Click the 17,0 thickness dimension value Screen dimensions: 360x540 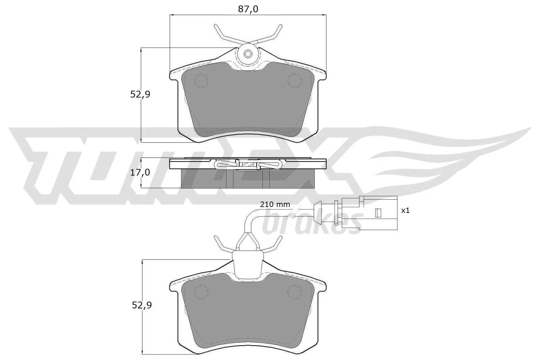tap(140, 173)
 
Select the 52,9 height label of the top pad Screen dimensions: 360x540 tap(140, 94)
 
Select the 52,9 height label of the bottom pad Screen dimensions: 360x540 tap(142, 305)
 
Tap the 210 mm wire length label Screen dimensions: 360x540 tap(275, 204)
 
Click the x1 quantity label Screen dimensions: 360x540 tap(405, 211)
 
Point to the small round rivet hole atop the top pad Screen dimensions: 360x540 tap(248, 53)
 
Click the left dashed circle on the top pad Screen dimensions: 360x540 tap(201, 81)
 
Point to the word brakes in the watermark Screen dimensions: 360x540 tap(310, 223)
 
